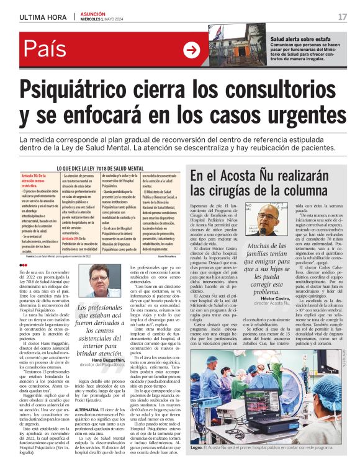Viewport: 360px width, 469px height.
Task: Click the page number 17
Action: [342, 16]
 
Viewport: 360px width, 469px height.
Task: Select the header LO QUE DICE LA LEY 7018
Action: [101, 168]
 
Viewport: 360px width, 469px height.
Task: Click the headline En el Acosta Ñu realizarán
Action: [258, 175]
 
